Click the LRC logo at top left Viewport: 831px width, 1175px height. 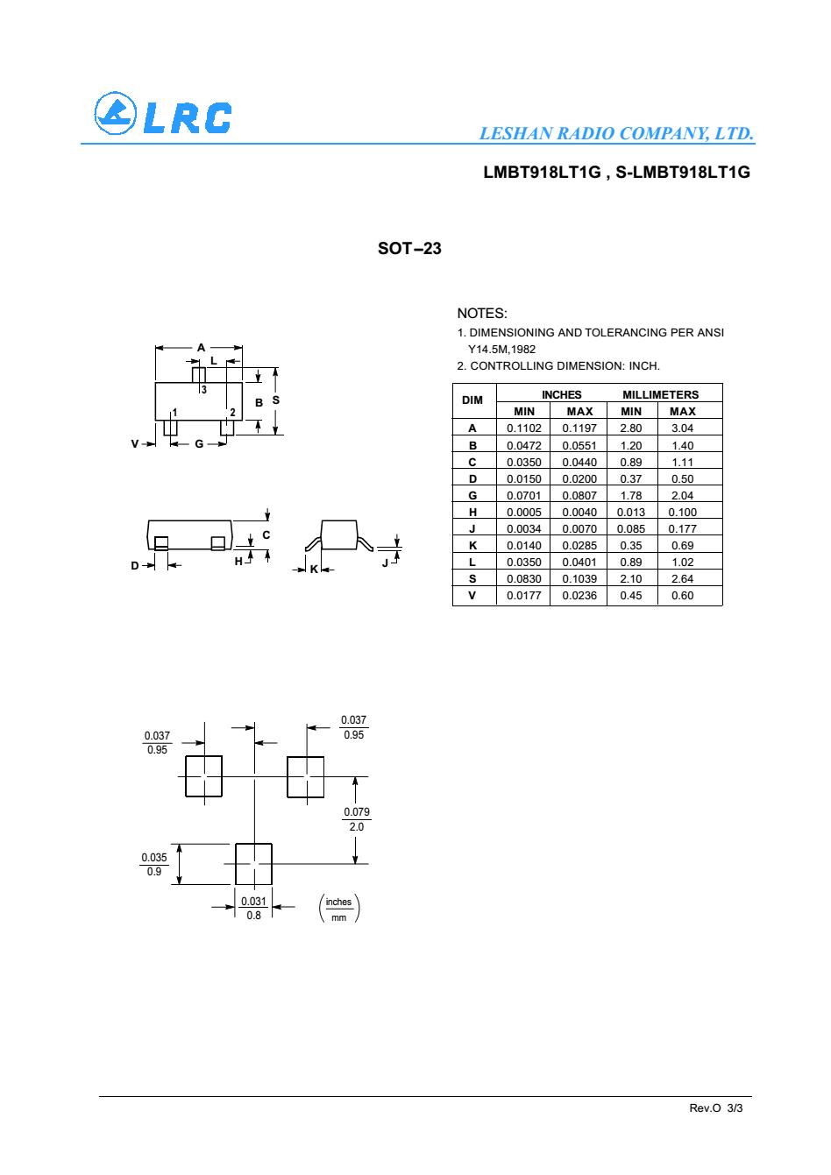tap(163, 116)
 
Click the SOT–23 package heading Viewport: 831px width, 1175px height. tap(409, 249)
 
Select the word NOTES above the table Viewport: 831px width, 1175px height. tap(482, 314)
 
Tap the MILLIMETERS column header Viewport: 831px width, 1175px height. tap(660, 394)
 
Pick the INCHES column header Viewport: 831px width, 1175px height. tap(561, 394)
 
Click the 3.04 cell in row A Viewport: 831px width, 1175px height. tap(682, 428)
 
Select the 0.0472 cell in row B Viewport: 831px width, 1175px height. tap(523, 445)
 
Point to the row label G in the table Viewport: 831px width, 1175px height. tap(472, 495)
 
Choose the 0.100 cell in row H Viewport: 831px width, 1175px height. tap(682, 512)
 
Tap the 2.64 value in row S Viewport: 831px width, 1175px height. tap(682, 578)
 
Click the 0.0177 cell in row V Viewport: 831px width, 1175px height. tap(523, 595)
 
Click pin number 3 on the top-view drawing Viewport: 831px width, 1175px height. tap(203, 389)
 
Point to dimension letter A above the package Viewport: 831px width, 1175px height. tap(201, 347)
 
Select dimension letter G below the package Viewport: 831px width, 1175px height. tap(199, 443)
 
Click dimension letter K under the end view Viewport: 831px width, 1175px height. tap(313, 570)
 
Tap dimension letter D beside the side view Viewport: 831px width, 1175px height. tap(135, 565)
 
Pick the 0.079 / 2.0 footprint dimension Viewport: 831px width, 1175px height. tap(356, 819)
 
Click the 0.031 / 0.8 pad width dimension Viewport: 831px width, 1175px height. tap(253, 908)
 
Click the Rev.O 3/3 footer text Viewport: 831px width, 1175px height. tap(715, 1108)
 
